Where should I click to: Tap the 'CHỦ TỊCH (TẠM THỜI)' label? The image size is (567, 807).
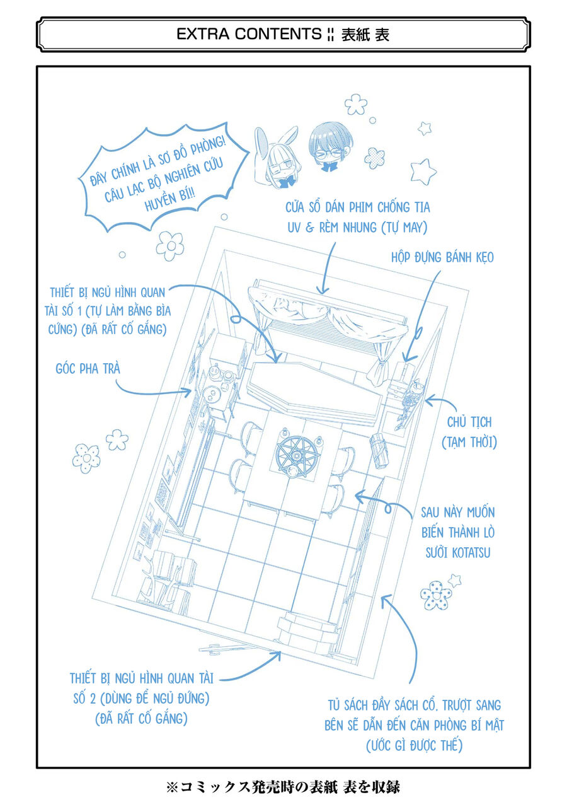(x=469, y=432)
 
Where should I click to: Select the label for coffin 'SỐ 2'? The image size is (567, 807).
(x=142, y=698)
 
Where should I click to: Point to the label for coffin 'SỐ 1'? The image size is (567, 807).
(x=110, y=311)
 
